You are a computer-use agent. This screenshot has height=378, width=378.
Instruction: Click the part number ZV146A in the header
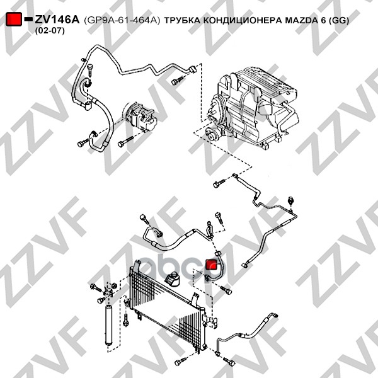[57, 20]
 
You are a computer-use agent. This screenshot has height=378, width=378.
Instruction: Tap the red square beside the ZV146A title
[14, 19]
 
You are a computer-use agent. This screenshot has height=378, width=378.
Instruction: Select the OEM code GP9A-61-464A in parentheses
[122, 21]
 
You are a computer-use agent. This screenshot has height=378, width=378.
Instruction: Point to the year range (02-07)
[50, 31]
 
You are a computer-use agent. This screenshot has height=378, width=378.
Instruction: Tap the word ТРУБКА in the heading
[183, 21]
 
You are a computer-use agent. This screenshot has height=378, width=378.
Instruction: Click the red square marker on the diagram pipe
[212, 264]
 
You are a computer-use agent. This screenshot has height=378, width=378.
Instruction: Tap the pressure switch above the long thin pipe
[291, 201]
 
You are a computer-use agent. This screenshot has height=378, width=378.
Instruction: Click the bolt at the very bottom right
[229, 361]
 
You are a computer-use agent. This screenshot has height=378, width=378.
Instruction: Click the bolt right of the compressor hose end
[125, 142]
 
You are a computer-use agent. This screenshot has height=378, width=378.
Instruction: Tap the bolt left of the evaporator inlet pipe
[219, 183]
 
